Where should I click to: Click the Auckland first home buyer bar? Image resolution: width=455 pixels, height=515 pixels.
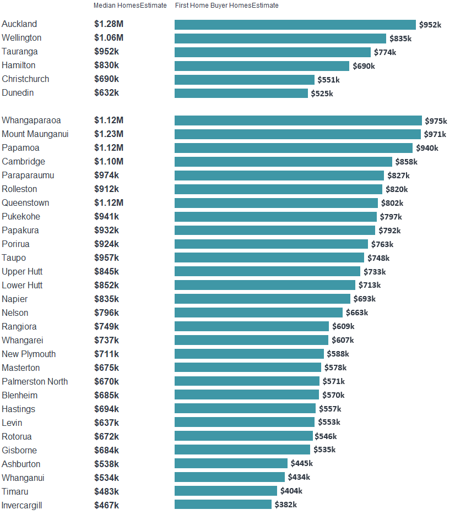(295, 25)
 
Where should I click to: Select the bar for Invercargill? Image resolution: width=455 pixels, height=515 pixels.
(223, 505)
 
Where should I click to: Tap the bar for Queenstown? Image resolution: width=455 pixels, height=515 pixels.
(276, 203)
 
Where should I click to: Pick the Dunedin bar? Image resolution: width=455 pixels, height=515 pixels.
(241, 94)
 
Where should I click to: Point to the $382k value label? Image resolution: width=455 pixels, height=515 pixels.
(285, 505)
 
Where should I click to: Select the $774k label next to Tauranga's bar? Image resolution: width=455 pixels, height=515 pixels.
(384, 52)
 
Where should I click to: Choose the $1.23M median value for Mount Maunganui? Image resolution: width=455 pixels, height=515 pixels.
(109, 134)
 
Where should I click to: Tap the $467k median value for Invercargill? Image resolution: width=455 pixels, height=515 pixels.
(106, 505)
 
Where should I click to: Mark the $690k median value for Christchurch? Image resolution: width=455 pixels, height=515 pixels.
(106, 79)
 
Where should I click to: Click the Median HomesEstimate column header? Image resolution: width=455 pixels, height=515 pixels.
(130, 6)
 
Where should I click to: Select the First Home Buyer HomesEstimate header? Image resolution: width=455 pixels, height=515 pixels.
(226, 6)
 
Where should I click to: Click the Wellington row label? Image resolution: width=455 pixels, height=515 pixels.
(21, 38)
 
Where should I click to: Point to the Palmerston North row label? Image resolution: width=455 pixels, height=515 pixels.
(35, 382)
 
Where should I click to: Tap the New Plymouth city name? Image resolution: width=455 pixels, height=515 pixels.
(29, 354)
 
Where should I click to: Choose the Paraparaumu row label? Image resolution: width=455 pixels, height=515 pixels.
(28, 176)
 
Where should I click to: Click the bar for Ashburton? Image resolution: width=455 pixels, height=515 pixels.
(231, 463)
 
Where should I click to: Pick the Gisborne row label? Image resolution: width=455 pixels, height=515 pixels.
(19, 451)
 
